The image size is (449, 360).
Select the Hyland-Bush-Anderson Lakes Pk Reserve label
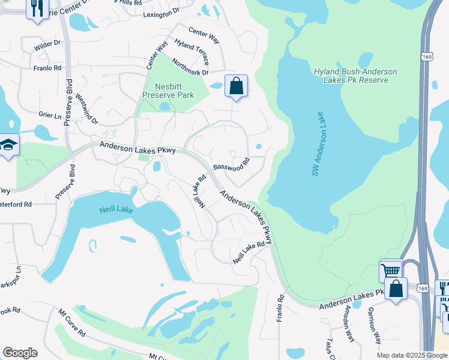[355, 76]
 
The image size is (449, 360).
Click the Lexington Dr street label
[161, 11]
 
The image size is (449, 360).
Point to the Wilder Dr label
[48, 44]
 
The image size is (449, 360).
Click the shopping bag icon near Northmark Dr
[237, 86]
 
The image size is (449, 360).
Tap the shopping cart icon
[391, 271]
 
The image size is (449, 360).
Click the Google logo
[20, 353]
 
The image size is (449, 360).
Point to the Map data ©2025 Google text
[411, 355]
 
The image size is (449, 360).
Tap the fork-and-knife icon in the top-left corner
[37, 8]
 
